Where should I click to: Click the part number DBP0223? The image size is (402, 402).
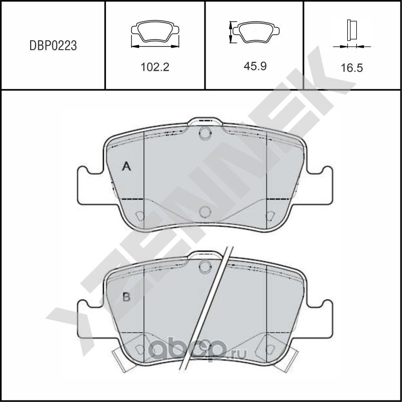tap(52, 46)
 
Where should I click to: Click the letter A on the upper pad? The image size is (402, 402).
tap(127, 167)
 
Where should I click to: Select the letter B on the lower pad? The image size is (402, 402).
tap(127, 297)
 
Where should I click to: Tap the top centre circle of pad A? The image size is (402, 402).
tap(204, 134)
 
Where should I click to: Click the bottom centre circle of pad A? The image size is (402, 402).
tap(204, 212)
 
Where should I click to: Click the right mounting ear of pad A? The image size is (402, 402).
tap(320, 185)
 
